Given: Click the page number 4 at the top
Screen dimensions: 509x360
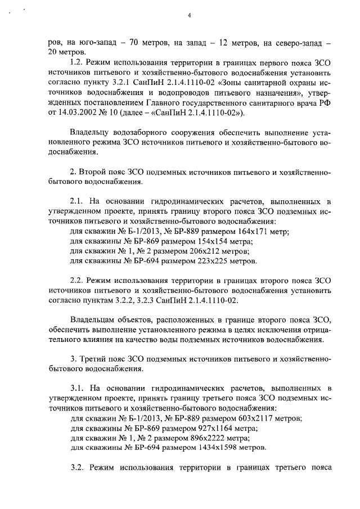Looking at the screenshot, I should point(190,15).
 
